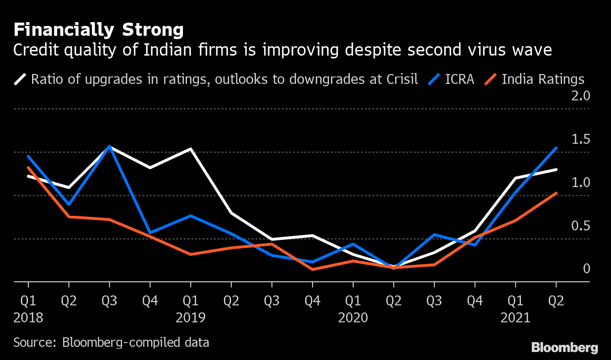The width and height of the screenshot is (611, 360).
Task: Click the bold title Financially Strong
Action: click(x=98, y=30)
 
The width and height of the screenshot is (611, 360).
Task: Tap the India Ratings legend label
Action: click(x=543, y=79)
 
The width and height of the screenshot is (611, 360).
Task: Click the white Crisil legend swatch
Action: click(x=20, y=79)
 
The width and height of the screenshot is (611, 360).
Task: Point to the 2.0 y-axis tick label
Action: click(x=580, y=97)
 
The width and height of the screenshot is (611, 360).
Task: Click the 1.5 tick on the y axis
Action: click(x=580, y=140)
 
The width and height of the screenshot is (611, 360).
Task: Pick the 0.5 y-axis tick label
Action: click(x=580, y=227)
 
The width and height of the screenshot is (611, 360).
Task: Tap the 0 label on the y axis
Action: click(x=586, y=269)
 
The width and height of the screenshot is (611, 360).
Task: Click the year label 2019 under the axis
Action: click(x=190, y=318)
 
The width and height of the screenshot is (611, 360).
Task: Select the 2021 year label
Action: click(x=515, y=318)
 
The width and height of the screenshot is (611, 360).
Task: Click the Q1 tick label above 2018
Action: click(x=28, y=301)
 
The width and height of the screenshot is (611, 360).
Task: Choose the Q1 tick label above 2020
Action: click(x=353, y=301)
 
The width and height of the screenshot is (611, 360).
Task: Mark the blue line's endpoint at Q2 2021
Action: click(x=556, y=148)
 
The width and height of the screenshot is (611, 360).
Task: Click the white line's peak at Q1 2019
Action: click(x=190, y=149)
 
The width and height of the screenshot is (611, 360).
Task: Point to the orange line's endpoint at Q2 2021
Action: click(x=556, y=193)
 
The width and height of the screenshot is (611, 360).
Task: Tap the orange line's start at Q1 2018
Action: click(x=28, y=168)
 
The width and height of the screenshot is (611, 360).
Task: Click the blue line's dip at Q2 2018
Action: click(x=69, y=205)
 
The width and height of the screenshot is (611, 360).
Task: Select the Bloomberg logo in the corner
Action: click(x=564, y=348)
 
